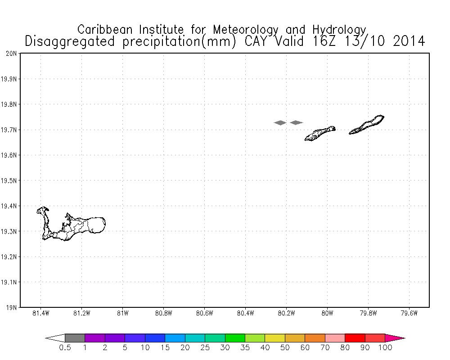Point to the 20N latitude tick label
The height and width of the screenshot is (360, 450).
coord(12,54)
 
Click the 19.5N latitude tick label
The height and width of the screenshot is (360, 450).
coord(10,181)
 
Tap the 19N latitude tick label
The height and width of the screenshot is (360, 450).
coord(12,308)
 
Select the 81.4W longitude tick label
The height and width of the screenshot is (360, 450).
coord(41,314)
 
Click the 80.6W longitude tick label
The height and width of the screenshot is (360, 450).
coord(204,314)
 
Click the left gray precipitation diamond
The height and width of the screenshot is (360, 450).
coord(280,122)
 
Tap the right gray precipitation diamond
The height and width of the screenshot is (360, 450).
coord(296,122)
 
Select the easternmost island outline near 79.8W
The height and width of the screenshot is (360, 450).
coord(367,125)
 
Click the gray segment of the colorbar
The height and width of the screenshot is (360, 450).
coord(75,338)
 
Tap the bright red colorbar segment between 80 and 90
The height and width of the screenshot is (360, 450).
coord(355,338)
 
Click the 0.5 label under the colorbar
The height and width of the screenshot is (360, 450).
coord(65,347)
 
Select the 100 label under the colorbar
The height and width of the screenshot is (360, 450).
coord(385,347)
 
